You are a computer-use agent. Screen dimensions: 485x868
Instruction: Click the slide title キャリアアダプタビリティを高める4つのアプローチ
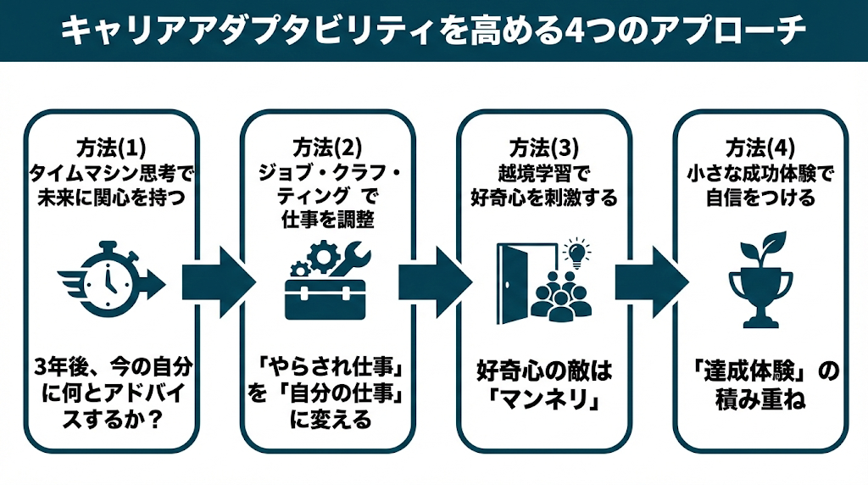click(x=433, y=31)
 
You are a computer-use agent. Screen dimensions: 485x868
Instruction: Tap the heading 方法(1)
click(x=111, y=147)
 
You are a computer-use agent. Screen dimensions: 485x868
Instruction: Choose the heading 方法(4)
click(x=760, y=147)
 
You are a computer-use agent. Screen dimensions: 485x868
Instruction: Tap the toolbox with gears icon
click(x=326, y=284)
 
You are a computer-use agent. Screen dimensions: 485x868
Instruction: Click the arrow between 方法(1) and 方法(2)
click(x=217, y=281)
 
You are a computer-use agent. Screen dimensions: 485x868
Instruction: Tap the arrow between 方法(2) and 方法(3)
click(x=434, y=281)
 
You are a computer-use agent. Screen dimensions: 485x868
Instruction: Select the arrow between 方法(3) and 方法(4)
click(x=651, y=281)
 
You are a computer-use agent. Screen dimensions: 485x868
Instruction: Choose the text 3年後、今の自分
click(x=111, y=368)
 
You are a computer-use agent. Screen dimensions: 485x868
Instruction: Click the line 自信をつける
click(x=760, y=198)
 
